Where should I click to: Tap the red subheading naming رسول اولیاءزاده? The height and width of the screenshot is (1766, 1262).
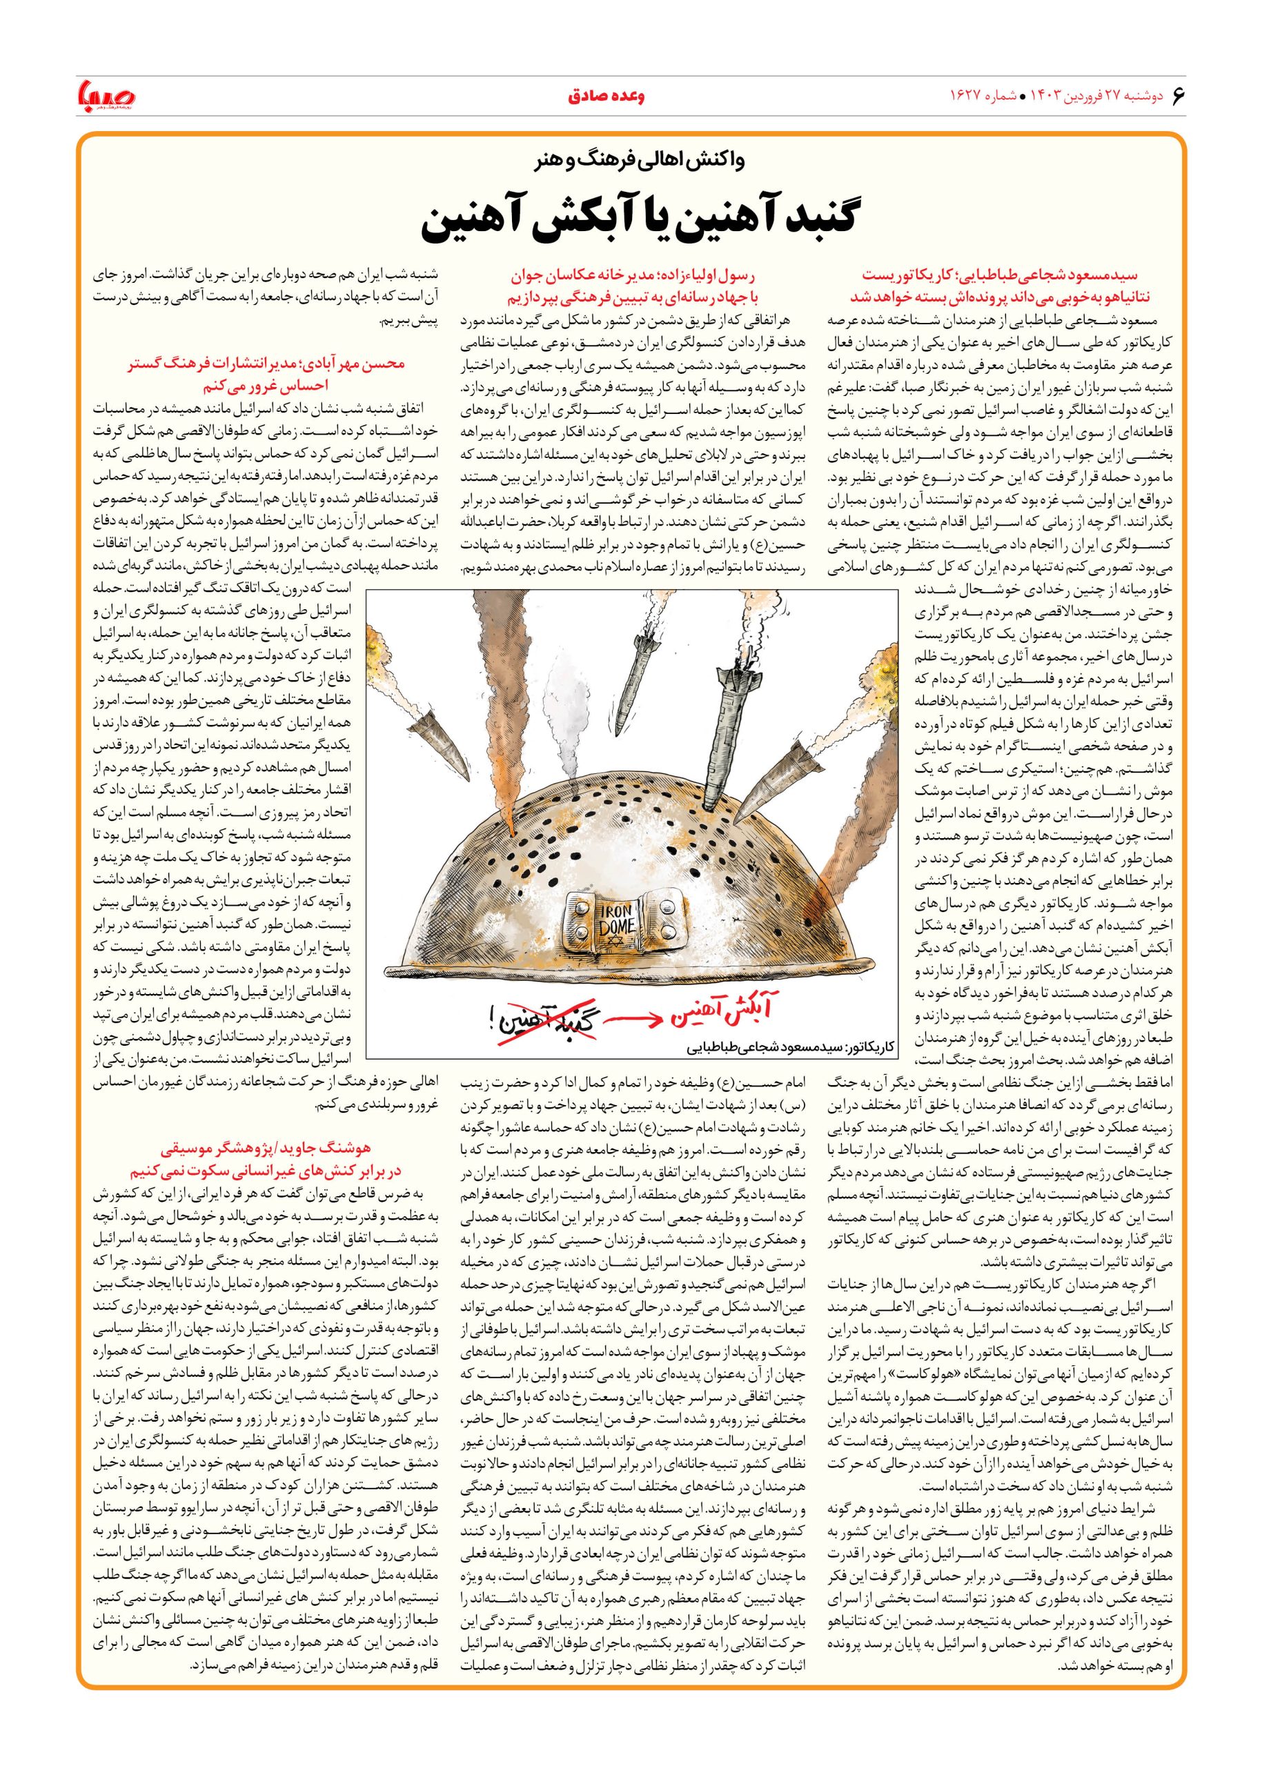coord(634,287)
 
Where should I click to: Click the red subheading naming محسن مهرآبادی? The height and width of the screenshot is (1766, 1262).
coord(266,374)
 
